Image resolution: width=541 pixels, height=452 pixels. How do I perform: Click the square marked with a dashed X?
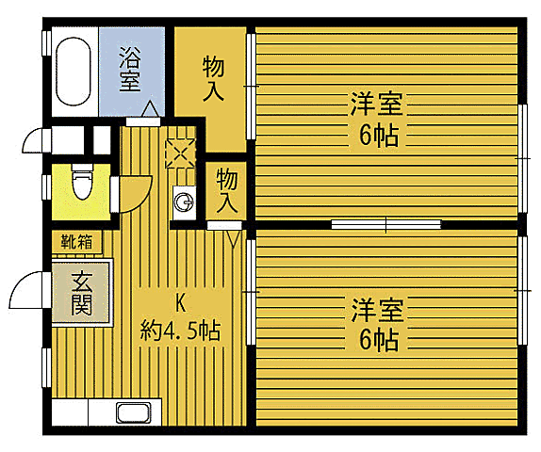coord(179,153)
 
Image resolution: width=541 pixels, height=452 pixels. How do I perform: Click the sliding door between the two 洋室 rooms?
coord(386,224)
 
